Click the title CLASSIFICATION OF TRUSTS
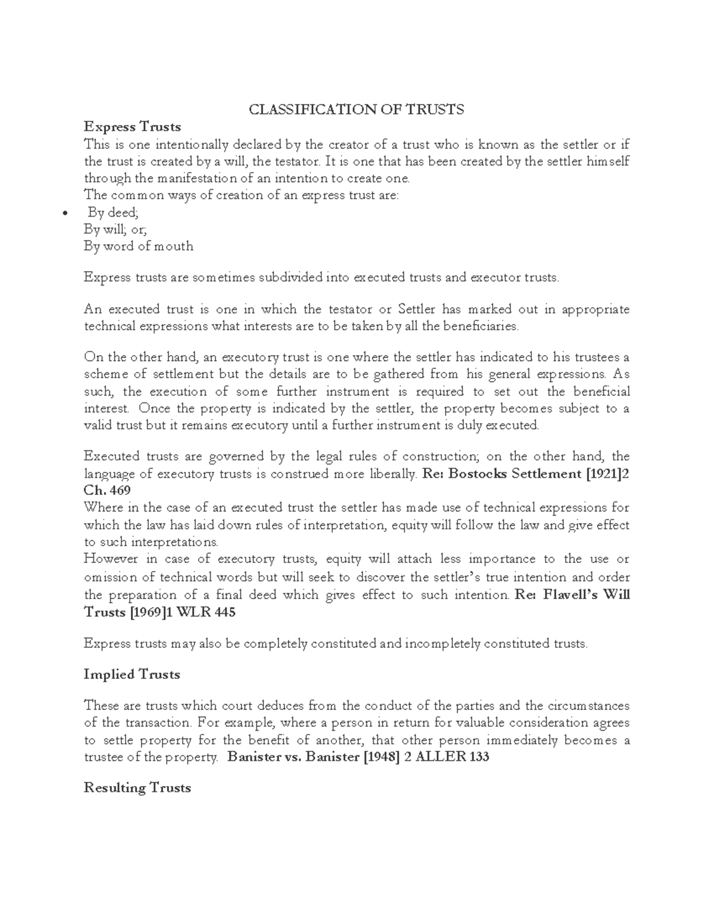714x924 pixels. tap(356, 109)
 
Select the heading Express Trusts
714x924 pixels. tap(132, 127)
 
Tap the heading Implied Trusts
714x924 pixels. tap(131, 674)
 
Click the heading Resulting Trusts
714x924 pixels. tap(137, 788)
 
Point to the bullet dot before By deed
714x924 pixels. tap(65, 214)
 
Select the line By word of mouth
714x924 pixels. tap(139, 246)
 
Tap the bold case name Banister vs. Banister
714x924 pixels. tap(293, 757)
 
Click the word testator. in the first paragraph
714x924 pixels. tap(296, 161)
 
